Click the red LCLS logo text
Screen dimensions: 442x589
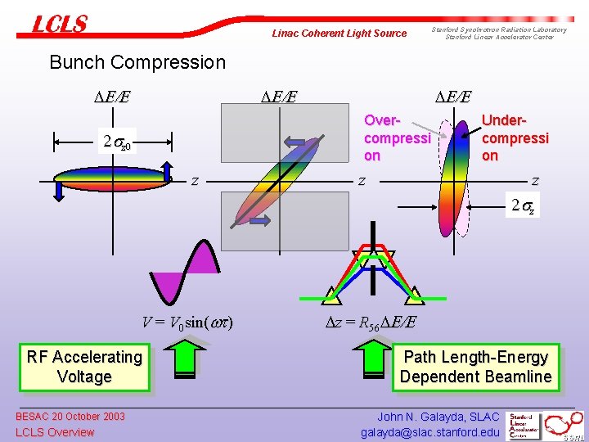(59, 24)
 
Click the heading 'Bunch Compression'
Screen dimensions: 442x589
(137, 62)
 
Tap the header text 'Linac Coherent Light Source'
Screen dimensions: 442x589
(339, 34)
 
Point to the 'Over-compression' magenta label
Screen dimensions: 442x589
(397, 138)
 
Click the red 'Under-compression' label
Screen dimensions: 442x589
(515, 138)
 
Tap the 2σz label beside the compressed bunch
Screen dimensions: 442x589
(523, 206)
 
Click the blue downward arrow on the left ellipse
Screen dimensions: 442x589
(60, 189)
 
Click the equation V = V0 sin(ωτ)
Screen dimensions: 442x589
(187, 322)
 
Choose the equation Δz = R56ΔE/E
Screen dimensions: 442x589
(368, 322)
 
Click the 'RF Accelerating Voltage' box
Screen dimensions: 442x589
(84, 367)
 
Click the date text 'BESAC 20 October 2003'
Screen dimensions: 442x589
(70, 417)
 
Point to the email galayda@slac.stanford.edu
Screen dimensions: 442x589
(429, 432)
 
